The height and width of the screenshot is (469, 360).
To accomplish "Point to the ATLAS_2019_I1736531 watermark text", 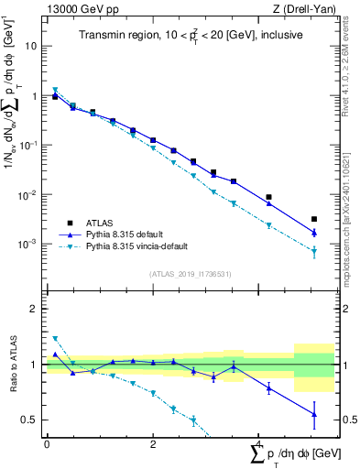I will [x=189, y=274].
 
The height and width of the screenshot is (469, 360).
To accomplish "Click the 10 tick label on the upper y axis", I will [x=30, y=45].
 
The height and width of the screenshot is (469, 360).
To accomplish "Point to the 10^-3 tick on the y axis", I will [x=27, y=245].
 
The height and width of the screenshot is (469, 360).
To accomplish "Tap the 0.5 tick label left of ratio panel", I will [x=30, y=420].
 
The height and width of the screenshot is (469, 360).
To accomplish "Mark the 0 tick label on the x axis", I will [x=47, y=446].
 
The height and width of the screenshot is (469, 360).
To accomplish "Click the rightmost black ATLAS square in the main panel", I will [x=314, y=219].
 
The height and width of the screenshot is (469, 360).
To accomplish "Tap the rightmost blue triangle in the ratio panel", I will [x=314, y=414].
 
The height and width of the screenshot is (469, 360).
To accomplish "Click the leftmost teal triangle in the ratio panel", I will [x=55, y=339].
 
